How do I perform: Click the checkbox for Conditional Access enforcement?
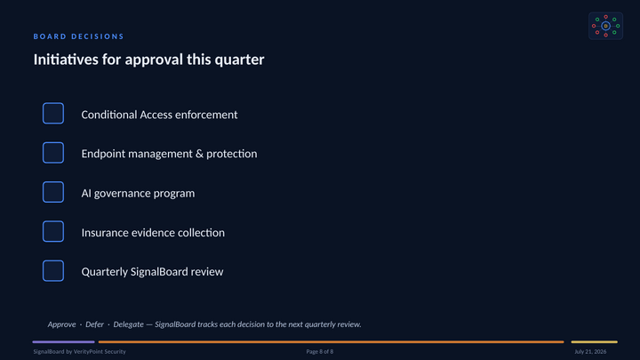pyautogui.click(x=53, y=113)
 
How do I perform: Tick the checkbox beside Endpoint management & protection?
pyautogui.click(x=53, y=153)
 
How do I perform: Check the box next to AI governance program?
pyautogui.click(x=53, y=192)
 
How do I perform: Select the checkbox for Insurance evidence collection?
pyautogui.click(x=53, y=231)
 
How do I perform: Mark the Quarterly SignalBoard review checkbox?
pyautogui.click(x=53, y=270)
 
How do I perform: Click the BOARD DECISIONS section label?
pyautogui.click(x=78, y=36)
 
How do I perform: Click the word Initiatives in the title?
pyautogui.click(x=66, y=60)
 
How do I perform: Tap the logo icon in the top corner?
pyautogui.click(x=605, y=26)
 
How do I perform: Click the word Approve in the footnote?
pyautogui.click(x=61, y=324)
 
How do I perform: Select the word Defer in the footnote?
pyautogui.click(x=95, y=324)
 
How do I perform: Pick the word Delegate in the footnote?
pyautogui.click(x=129, y=324)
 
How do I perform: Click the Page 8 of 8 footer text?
pyautogui.click(x=320, y=351)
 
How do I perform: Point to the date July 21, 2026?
pyautogui.click(x=590, y=351)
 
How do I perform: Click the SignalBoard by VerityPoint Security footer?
pyautogui.click(x=80, y=351)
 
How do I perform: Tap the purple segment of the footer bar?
pyautogui.click(x=64, y=342)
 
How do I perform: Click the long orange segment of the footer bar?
pyautogui.click(x=331, y=342)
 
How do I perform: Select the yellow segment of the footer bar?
pyautogui.click(x=595, y=342)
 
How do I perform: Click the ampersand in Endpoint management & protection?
pyautogui.click(x=199, y=154)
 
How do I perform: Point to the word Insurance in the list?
pyautogui.click(x=104, y=233)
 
